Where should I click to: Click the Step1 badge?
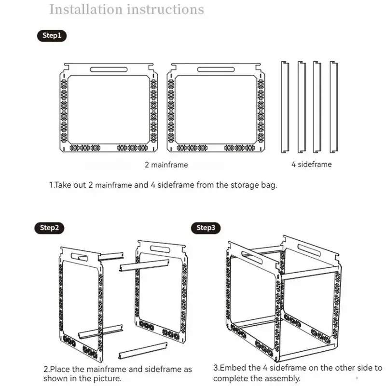click(52, 36)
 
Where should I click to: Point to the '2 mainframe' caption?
click(166, 165)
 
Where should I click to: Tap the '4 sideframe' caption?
click(311, 164)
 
